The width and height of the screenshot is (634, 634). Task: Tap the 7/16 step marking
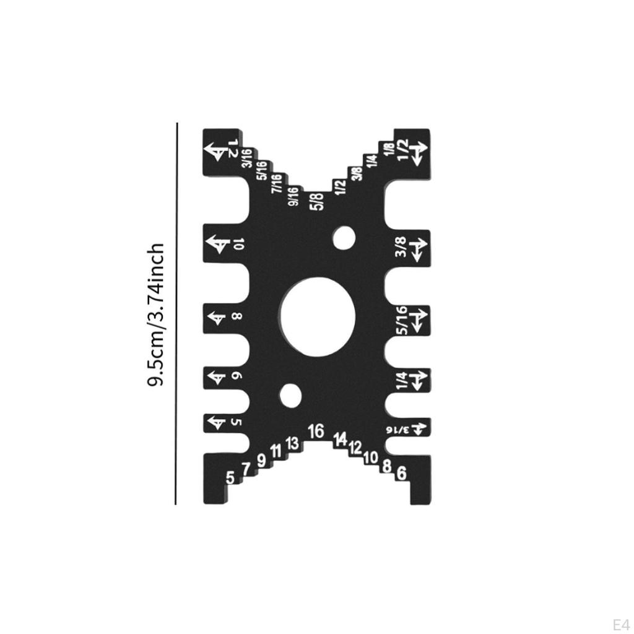click(277, 183)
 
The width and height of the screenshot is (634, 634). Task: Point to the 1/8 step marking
click(388, 149)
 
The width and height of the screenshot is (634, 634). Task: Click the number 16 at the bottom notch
click(316, 430)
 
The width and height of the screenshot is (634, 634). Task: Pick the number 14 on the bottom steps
click(340, 439)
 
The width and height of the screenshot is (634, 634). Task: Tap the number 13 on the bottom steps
click(292, 443)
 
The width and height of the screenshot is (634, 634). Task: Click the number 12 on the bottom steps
click(355, 447)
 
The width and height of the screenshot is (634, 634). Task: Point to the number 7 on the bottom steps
click(246, 469)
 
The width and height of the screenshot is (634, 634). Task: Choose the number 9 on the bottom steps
click(261, 461)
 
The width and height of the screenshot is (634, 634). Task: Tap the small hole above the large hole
click(343, 238)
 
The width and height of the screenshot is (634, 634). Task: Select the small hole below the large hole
click(289, 395)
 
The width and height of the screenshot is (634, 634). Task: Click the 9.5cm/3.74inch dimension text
click(155, 315)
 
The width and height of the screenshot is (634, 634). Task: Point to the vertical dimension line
click(176, 313)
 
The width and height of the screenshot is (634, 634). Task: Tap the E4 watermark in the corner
click(620, 623)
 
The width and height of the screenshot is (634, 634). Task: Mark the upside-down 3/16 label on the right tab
click(399, 428)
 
